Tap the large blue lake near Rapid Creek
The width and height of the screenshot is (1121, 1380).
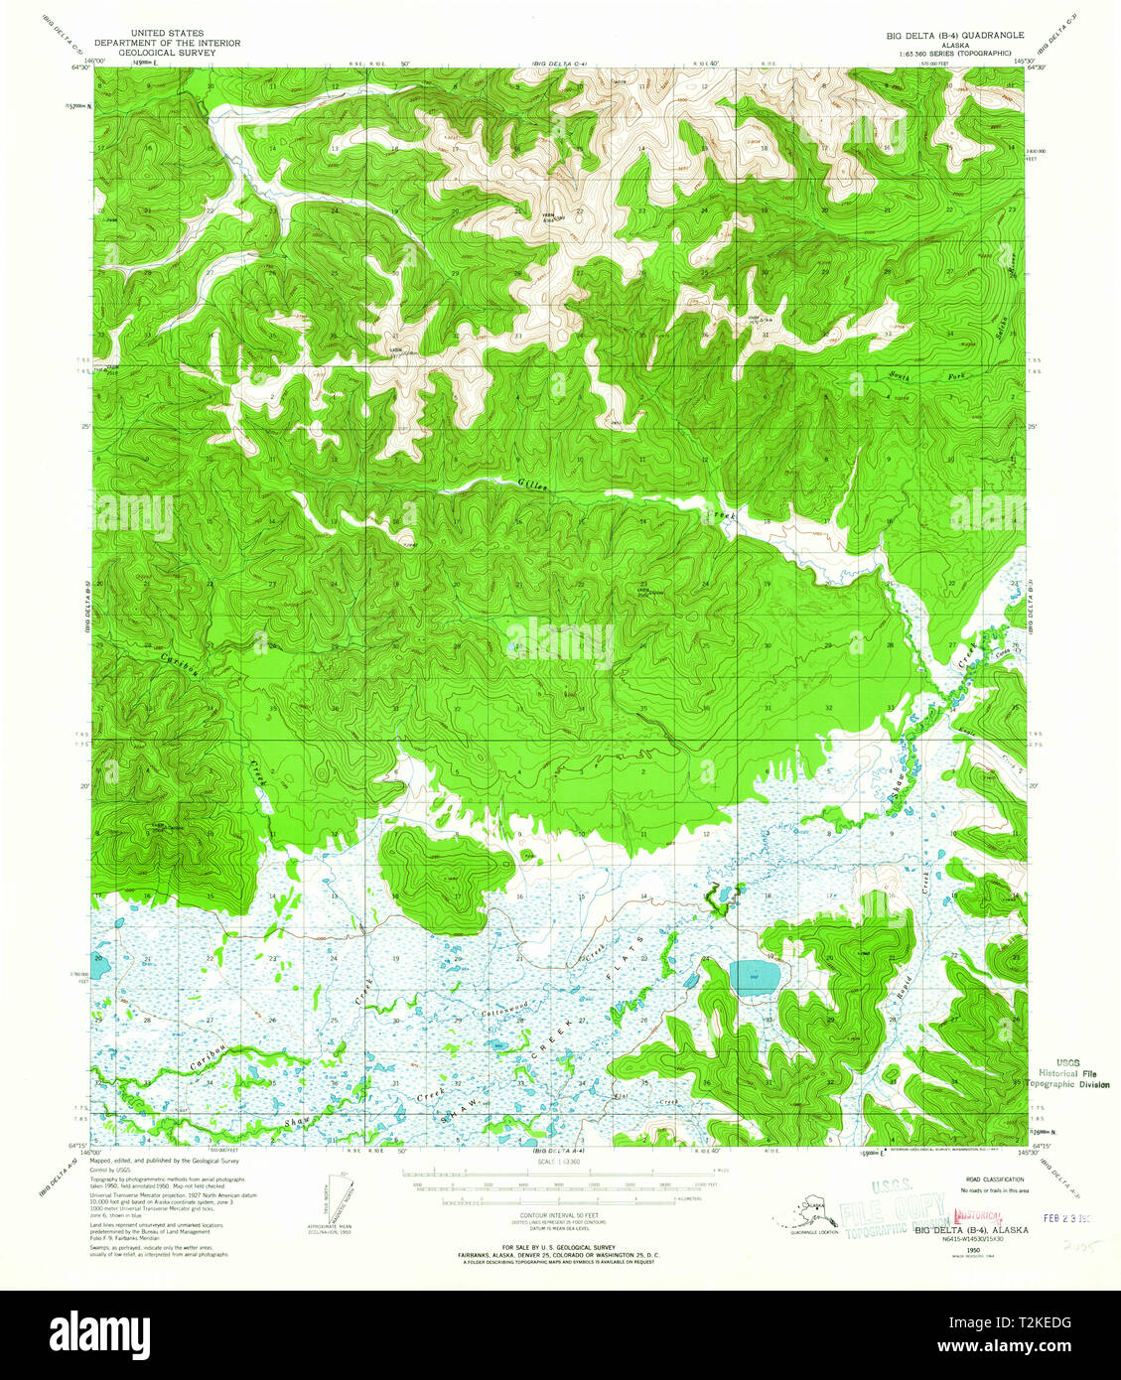(x=755, y=978)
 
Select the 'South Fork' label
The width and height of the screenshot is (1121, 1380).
(x=907, y=376)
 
